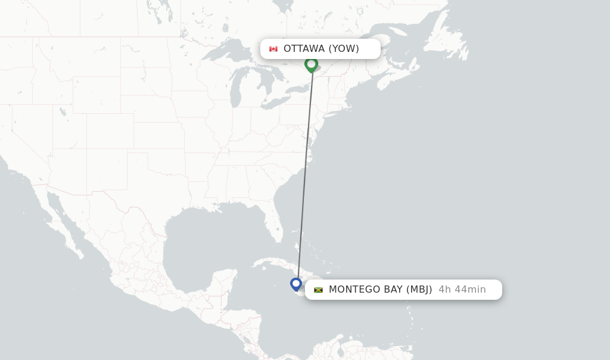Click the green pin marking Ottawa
coord(311,64)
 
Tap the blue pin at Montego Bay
coord(296,284)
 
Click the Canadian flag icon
coord(273,49)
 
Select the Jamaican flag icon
coord(319,290)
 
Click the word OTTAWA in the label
coord(304,49)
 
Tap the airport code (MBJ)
coord(419,290)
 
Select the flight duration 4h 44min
coord(462,290)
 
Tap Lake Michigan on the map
coord(235,89)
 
